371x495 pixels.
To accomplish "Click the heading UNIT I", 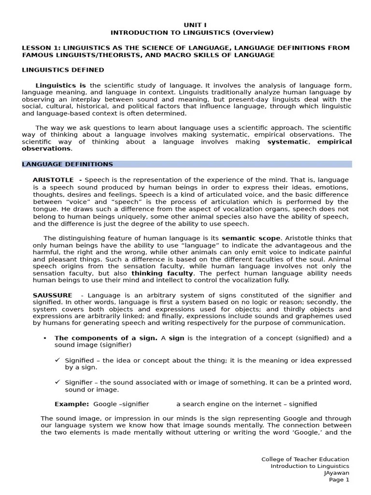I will tap(192, 25).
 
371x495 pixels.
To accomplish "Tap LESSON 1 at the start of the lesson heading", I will tap(40, 48).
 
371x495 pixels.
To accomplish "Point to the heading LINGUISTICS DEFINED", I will tap(63, 70).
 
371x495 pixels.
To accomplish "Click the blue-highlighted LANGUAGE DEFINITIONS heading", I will tap(68, 164).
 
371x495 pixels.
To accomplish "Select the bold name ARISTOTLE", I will tap(53, 180).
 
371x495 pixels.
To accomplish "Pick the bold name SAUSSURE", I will tap(52, 295).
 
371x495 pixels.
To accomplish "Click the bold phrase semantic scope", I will tap(251, 238).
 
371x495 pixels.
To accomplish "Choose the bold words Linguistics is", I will tap(61, 85).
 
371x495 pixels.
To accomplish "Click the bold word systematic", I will tap(287, 142).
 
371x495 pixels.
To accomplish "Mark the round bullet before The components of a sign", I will tap(44, 338).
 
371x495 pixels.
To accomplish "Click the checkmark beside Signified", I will tap(57, 360).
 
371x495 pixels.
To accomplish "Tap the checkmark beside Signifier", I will tap(57, 382).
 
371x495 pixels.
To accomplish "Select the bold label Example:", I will tap(71, 404).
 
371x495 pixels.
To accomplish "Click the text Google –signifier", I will tap(121, 404).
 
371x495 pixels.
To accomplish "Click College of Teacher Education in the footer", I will tap(305, 459).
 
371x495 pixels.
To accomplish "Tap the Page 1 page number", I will tap(339, 480).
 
